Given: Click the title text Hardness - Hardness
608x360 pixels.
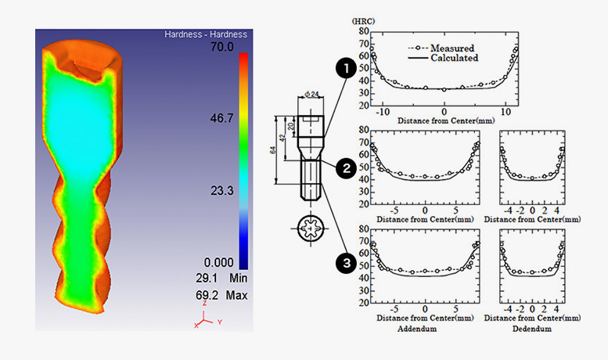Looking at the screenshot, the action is click(206, 34).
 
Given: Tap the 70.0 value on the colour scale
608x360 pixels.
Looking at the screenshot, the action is click(222, 47).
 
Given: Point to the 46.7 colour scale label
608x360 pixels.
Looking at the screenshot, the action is click(222, 118).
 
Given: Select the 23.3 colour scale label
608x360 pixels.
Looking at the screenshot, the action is click(222, 191).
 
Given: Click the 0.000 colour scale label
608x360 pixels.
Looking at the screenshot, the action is click(218, 263).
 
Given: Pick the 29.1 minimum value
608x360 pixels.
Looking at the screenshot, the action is click(207, 278).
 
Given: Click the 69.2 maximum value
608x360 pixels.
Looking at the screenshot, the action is click(207, 295).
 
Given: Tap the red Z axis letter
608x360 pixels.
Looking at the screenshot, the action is click(204, 304).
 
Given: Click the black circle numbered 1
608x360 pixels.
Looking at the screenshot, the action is click(346, 68).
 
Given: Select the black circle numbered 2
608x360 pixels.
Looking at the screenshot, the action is click(346, 168).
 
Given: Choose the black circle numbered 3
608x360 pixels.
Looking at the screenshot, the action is click(346, 263).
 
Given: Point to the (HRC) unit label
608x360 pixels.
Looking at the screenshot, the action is click(363, 21).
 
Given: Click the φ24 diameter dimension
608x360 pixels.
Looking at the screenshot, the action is click(311, 94).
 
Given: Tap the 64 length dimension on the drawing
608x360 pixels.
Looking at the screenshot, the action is click(273, 149).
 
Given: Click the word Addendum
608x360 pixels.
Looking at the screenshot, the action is click(417, 329).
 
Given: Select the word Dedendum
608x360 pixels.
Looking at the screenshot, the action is click(531, 329).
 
